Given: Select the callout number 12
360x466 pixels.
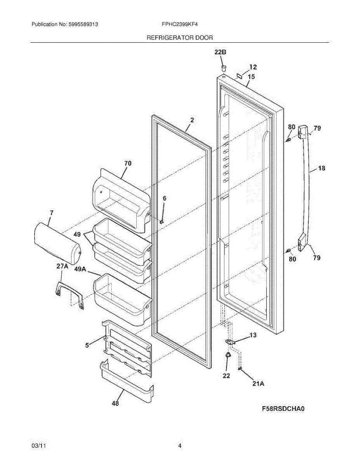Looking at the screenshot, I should point(253,67).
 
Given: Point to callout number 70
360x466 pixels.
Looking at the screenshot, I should point(127,163).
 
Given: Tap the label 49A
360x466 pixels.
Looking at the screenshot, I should point(80,269).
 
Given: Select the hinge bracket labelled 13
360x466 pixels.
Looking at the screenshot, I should point(231,342).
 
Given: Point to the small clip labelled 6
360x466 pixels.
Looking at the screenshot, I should point(160,222).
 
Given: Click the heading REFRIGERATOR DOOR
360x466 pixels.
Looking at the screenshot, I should point(179,38).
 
